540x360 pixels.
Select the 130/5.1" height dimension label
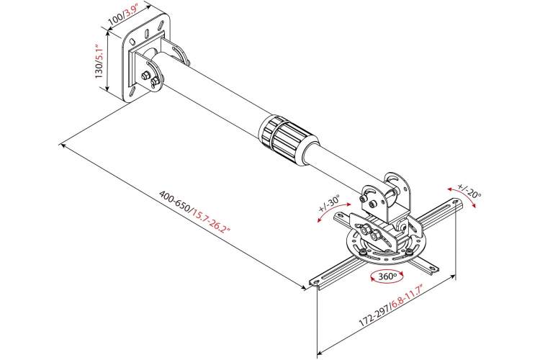click(x=99, y=61)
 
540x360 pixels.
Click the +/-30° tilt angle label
click(x=329, y=204)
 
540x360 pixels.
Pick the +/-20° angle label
click(x=469, y=191)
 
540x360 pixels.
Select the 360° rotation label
click(x=387, y=276)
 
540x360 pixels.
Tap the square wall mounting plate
click(x=147, y=57)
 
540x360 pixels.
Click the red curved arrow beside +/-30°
click(x=330, y=210)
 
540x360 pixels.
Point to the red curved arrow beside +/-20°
click(x=462, y=196)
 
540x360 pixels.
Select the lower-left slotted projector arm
click(x=336, y=272)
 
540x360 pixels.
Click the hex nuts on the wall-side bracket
click(x=150, y=78)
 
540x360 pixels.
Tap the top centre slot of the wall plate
click(x=146, y=34)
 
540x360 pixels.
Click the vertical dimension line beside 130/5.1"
click(x=108, y=61)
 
